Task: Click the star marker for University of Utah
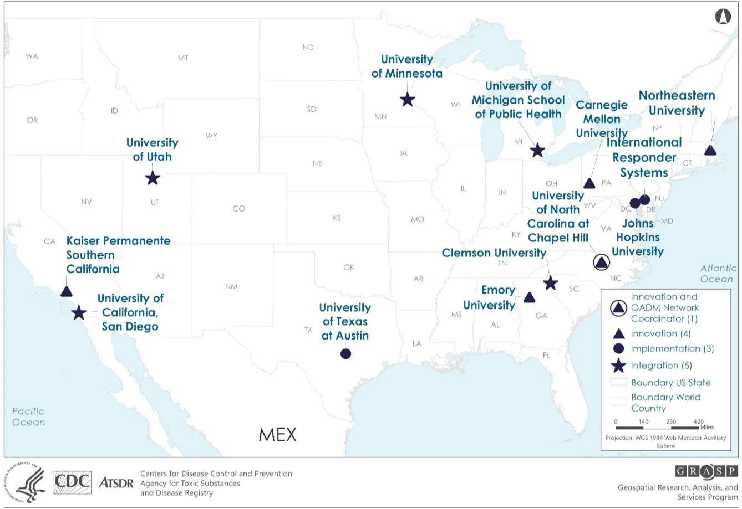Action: [153, 178]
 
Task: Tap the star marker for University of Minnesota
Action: [407, 100]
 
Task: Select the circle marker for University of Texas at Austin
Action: [345, 353]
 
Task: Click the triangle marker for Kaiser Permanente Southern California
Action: [67, 291]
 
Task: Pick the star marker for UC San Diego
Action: [79, 313]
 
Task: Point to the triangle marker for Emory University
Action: [530, 297]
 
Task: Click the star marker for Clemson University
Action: [550, 284]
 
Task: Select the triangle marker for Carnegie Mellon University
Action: [589, 183]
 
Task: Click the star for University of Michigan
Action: [537, 150]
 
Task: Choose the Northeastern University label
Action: [677, 103]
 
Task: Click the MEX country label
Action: [277, 434]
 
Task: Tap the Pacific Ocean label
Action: [28, 417]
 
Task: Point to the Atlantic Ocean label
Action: [718, 273]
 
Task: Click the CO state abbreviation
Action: [238, 209]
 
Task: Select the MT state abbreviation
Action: [183, 58]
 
